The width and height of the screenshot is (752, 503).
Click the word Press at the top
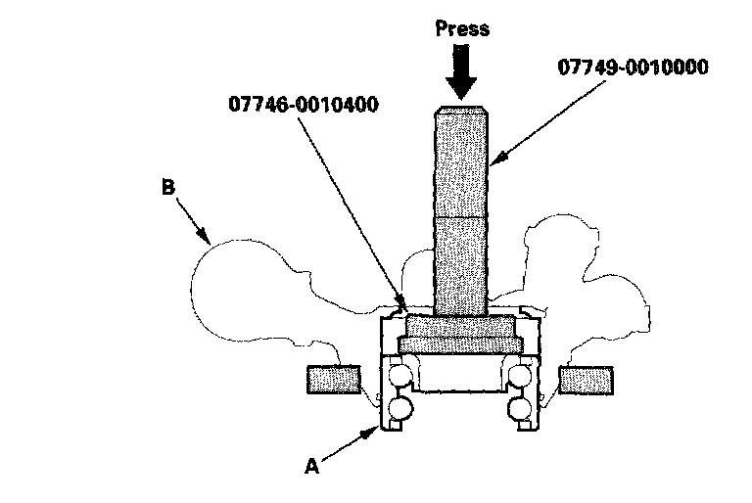click(461, 28)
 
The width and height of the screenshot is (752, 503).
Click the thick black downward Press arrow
click(461, 69)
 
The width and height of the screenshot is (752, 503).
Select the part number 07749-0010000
click(633, 68)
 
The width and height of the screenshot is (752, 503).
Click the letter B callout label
click(168, 186)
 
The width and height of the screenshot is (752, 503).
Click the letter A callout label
click(312, 467)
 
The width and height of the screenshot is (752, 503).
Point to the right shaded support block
click(586, 379)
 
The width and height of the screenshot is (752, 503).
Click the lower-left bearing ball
click(399, 408)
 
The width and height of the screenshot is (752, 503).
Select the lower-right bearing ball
click(520, 408)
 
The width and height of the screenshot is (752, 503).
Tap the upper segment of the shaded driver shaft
click(460, 161)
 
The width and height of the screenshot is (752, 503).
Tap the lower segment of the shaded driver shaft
click(460, 264)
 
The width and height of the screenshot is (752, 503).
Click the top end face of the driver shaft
click(460, 107)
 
